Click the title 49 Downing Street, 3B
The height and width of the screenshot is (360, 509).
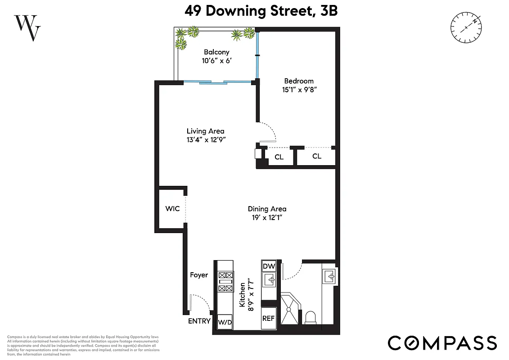point(261,11)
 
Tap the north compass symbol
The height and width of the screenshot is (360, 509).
point(467,28)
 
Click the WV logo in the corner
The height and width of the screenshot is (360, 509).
point(28,27)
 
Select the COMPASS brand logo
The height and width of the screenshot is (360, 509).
point(442,342)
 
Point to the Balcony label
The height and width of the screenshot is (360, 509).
point(216,52)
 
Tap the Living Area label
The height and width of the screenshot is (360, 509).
point(206,131)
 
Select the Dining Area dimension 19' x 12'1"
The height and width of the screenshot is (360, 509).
point(267,217)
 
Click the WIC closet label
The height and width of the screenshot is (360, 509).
point(172,209)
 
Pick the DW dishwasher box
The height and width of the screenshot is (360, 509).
point(269,266)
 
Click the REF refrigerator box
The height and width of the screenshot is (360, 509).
point(269,318)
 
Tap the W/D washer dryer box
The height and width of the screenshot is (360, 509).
point(225,322)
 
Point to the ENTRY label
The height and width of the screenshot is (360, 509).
point(199,321)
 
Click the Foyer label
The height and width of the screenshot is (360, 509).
point(198,274)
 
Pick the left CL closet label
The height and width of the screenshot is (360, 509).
point(279,157)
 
